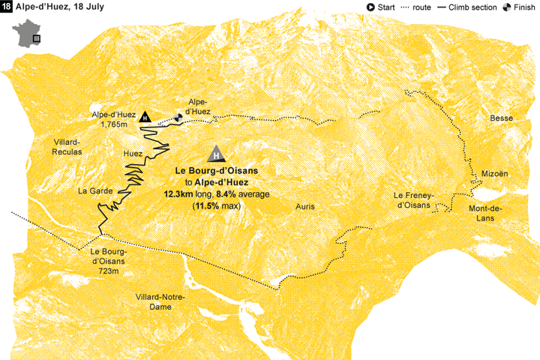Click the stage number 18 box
[7, 7]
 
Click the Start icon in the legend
[370, 7]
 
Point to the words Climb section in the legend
[473, 7]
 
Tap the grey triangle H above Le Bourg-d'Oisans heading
[216, 154]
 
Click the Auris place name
[304, 205]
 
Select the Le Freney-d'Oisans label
[412, 200]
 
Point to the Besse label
[501, 118]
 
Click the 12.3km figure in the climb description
[178, 193]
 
